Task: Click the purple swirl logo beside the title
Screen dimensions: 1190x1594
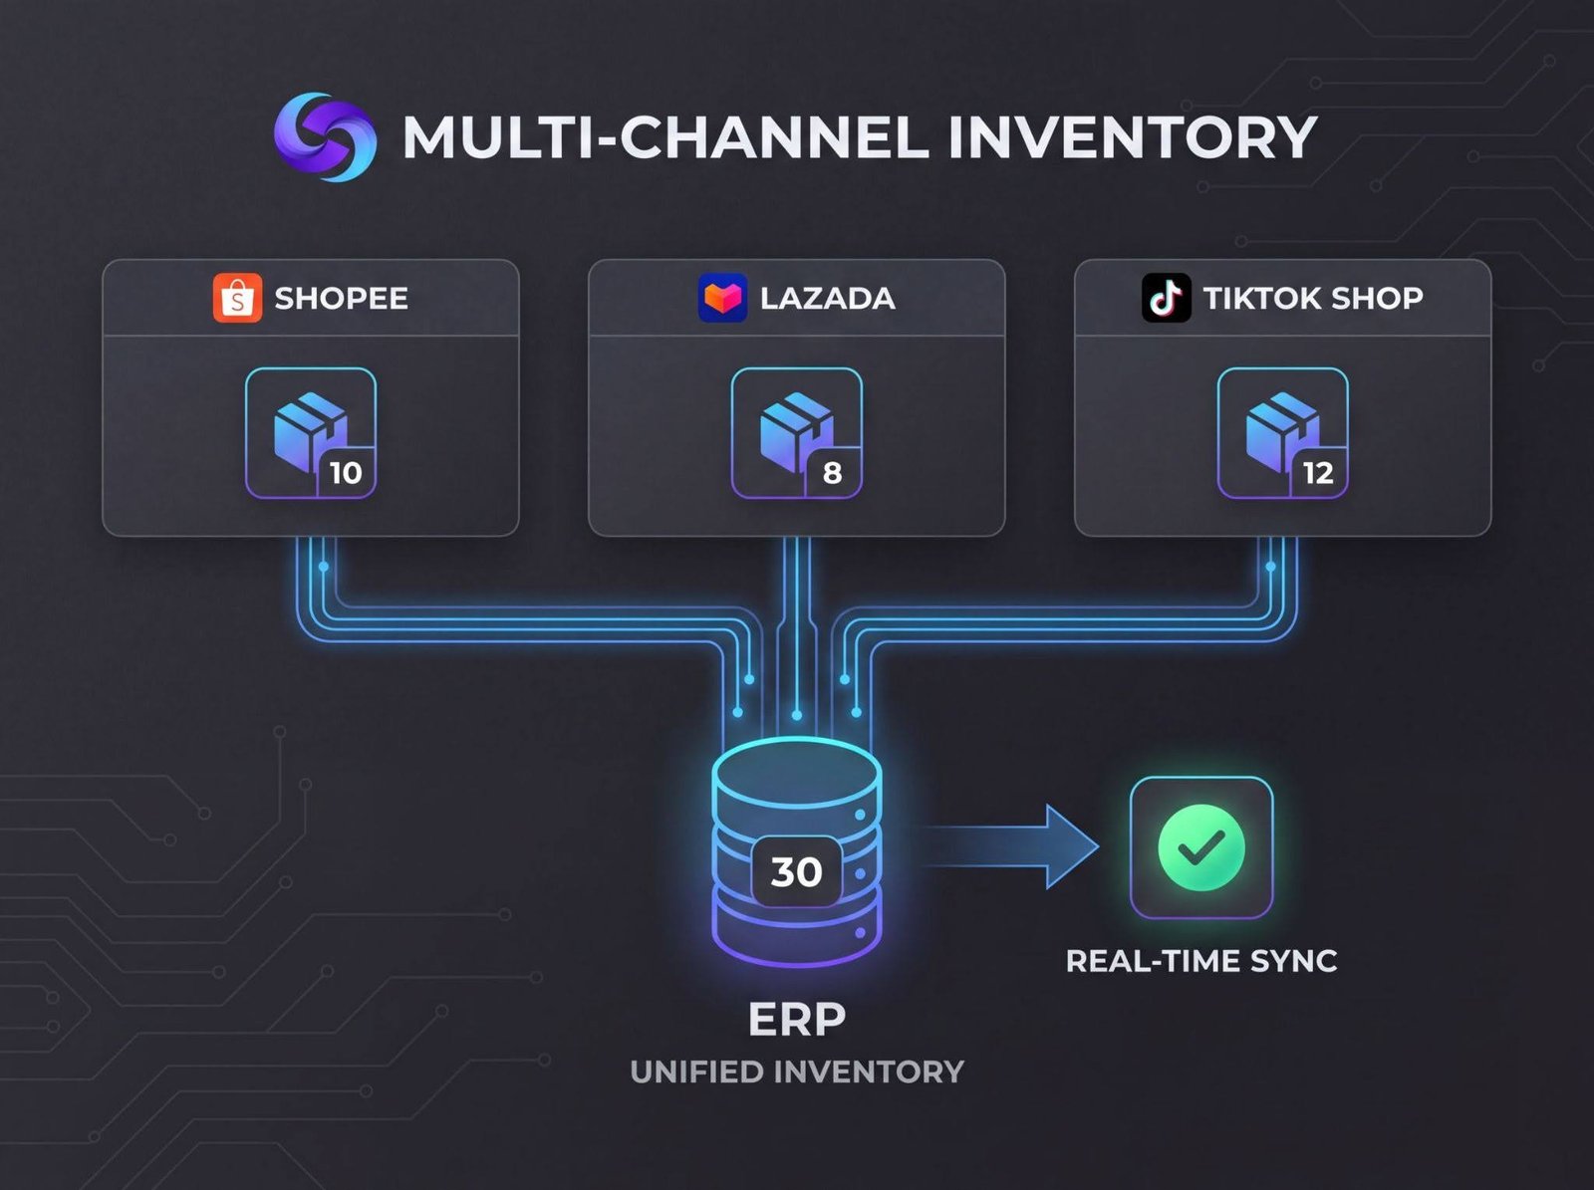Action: (x=325, y=137)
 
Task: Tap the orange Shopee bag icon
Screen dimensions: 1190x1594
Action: (x=237, y=298)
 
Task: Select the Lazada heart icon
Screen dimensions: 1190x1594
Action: (x=722, y=298)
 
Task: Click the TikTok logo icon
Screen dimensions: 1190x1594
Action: (x=1166, y=298)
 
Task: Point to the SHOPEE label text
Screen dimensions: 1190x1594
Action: (x=341, y=299)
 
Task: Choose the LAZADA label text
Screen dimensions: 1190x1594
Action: (x=827, y=299)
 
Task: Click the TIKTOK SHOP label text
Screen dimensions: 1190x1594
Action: (x=1312, y=298)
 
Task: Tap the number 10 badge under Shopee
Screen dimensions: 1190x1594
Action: (x=346, y=473)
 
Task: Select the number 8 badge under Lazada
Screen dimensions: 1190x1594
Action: (x=832, y=473)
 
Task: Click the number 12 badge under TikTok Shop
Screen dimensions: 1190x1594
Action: (x=1318, y=473)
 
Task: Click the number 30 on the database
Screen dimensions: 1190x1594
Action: (x=796, y=872)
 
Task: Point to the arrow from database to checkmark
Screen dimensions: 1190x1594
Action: (x=1011, y=846)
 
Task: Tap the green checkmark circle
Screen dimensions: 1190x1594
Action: (x=1200, y=847)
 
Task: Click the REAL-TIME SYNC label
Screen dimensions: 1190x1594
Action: (x=1200, y=961)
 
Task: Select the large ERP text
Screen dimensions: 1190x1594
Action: (x=796, y=1019)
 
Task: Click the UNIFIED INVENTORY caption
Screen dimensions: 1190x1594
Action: (x=796, y=1071)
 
